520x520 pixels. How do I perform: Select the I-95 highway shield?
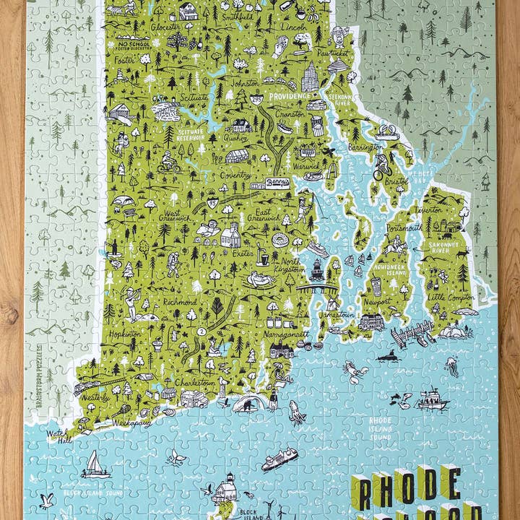212,204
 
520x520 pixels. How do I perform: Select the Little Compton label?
447,295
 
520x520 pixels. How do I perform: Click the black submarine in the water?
388,355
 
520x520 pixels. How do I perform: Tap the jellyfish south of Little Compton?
452,366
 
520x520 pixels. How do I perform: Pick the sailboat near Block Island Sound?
95,464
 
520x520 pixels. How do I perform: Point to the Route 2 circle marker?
201,331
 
